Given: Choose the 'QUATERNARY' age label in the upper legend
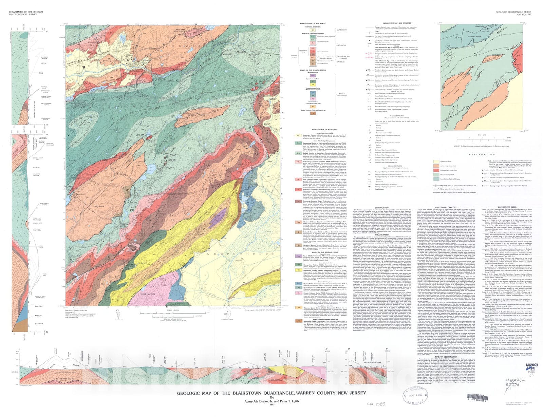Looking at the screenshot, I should coord(341,30).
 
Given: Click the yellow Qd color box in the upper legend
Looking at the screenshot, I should coord(313,30).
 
